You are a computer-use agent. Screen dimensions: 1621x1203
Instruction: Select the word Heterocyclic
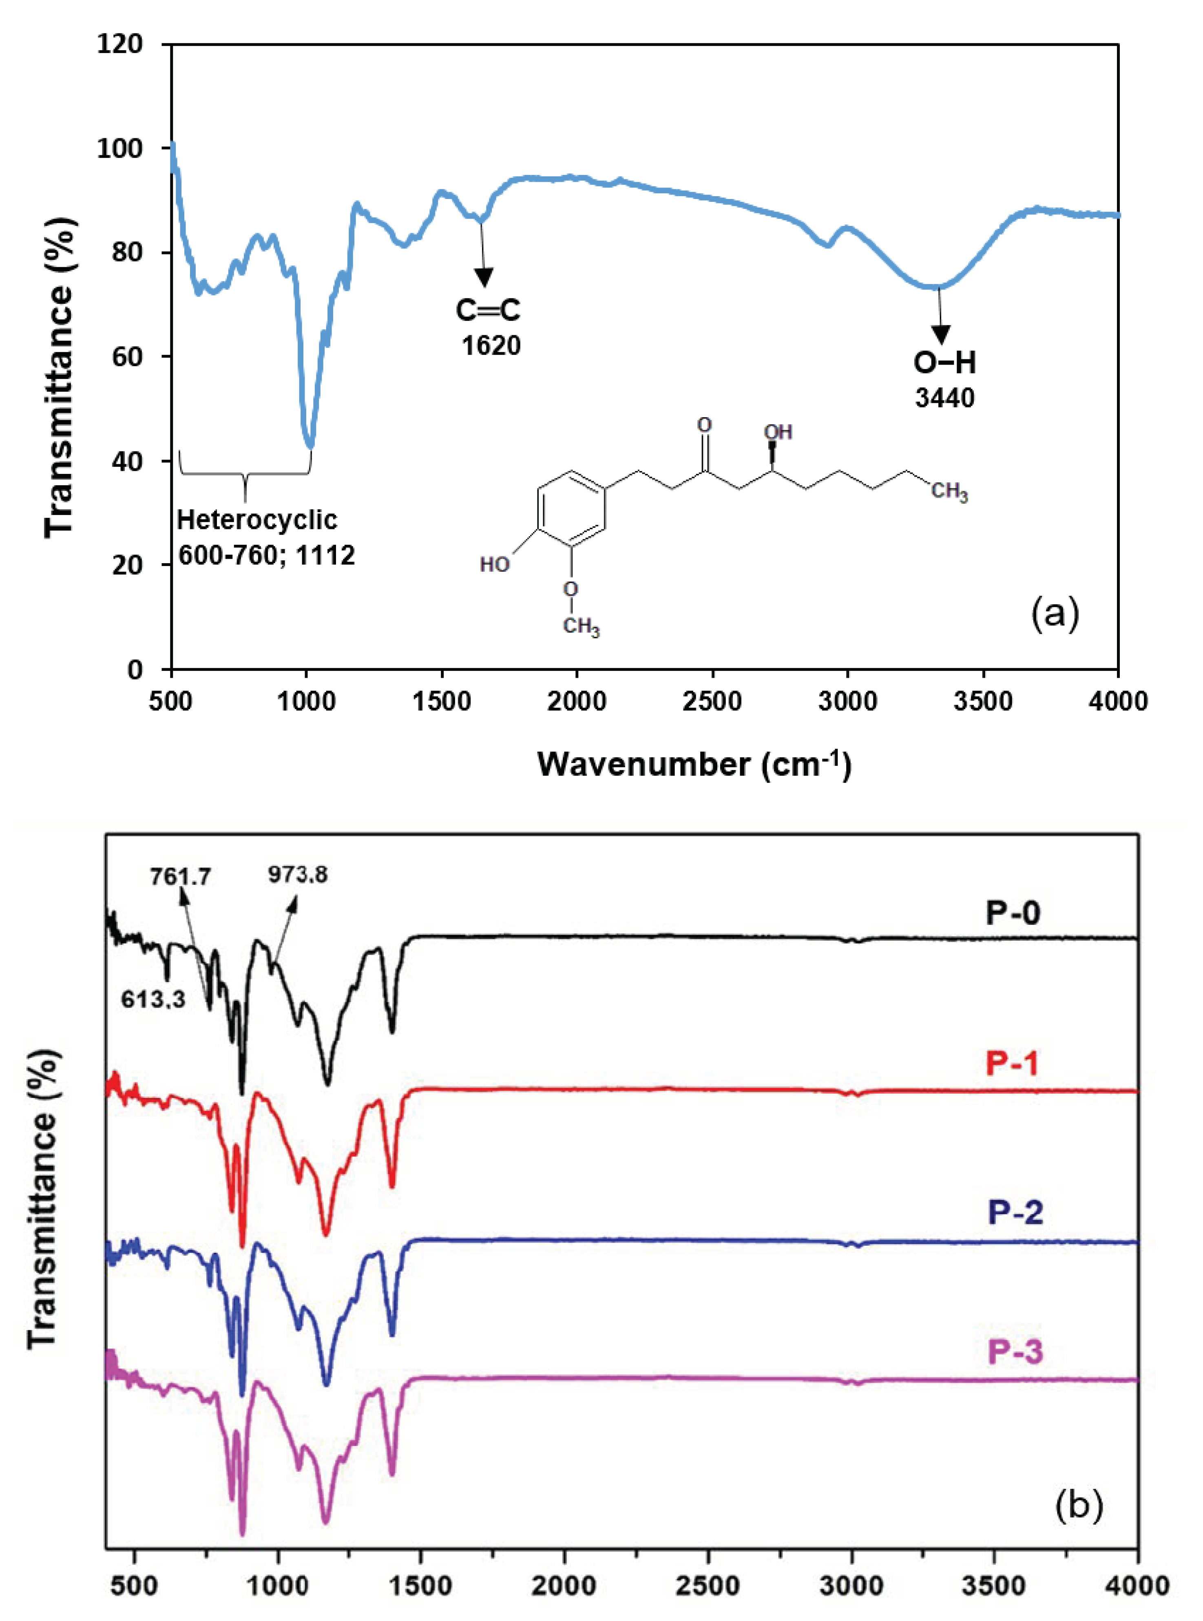(257, 520)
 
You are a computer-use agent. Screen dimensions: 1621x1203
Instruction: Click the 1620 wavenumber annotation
(491, 345)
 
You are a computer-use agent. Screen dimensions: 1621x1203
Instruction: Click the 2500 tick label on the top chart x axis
(712, 701)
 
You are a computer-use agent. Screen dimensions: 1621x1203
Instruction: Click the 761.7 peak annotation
(181, 876)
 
